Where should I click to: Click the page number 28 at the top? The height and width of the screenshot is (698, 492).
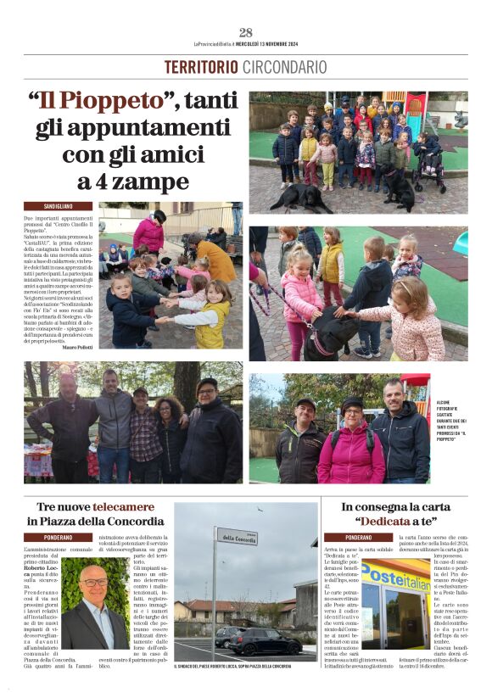pyautogui.click(x=245, y=33)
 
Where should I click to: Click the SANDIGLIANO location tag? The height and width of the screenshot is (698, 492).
pyautogui.click(x=58, y=206)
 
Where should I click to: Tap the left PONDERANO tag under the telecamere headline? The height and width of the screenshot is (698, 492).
pyautogui.click(x=58, y=537)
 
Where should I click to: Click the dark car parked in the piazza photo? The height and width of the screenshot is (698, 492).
pyautogui.click(x=263, y=642)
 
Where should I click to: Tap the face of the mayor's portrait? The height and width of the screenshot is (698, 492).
pyautogui.click(x=95, y=589)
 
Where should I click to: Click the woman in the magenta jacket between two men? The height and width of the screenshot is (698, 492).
pyautogui.click(x=350, y=445)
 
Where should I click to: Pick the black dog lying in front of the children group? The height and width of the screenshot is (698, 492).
pyautogui.click(x=296, y=197)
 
